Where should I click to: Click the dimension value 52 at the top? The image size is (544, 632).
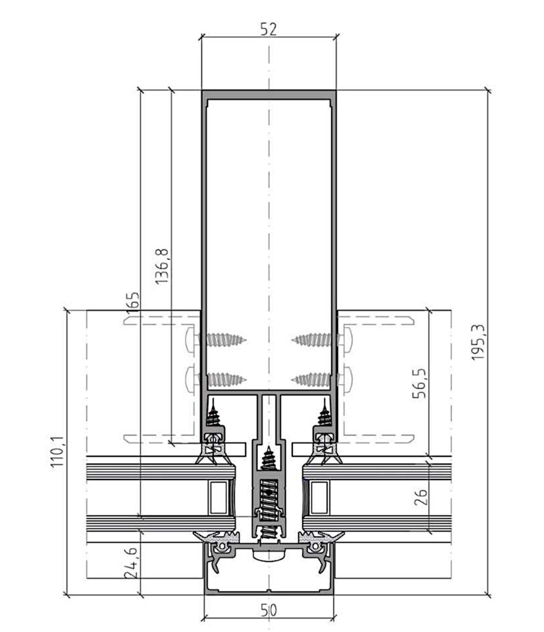pyautogui.click(x=268, y=30)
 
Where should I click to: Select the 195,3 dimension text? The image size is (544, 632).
pyautogui.click(x=478, y=342)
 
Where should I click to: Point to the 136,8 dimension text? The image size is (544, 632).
pyautogui.click(x=162, y=267)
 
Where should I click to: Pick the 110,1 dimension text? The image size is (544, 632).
pyautogui.click(x=57, y=451)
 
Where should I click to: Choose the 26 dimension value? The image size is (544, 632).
pyautogui.click(x=420, y=497)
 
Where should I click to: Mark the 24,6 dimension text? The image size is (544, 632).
pyautogui.click(x=132, y=563)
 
